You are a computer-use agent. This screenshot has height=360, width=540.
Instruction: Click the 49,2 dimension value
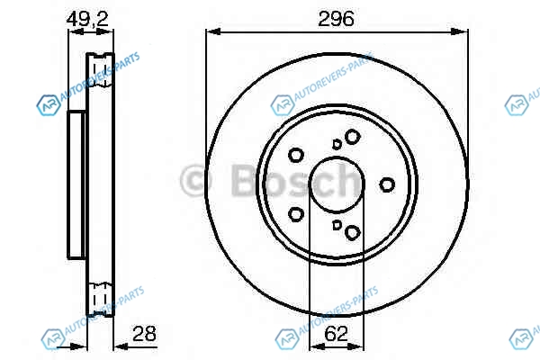pyautogui.click(x=87, y=19)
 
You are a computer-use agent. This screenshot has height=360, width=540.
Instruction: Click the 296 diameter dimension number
pyautogui.click(x=336, y=19)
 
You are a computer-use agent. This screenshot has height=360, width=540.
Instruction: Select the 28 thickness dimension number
pyautogui.click(x=144, y=334)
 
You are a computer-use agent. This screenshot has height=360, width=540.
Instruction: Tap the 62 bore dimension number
pyautogui.click(x=336, y=334)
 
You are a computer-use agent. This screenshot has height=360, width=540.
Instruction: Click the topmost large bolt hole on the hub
pyautogui.click(x=352, y=137)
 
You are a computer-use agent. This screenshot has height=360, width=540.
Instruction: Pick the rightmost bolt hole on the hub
pyautogui.click(x=387, y=184)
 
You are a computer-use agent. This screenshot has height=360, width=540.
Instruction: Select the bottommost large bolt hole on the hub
pyautogui.click(x=352, y=232)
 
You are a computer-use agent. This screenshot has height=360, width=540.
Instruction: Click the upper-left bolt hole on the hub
pyautogui.click(x=295, y=155)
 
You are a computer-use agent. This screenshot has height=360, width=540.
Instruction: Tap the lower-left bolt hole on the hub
pyautogui.click(x=295, y=214)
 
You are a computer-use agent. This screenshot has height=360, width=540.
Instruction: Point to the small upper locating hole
pyautogui.click(x=337, y=144)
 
